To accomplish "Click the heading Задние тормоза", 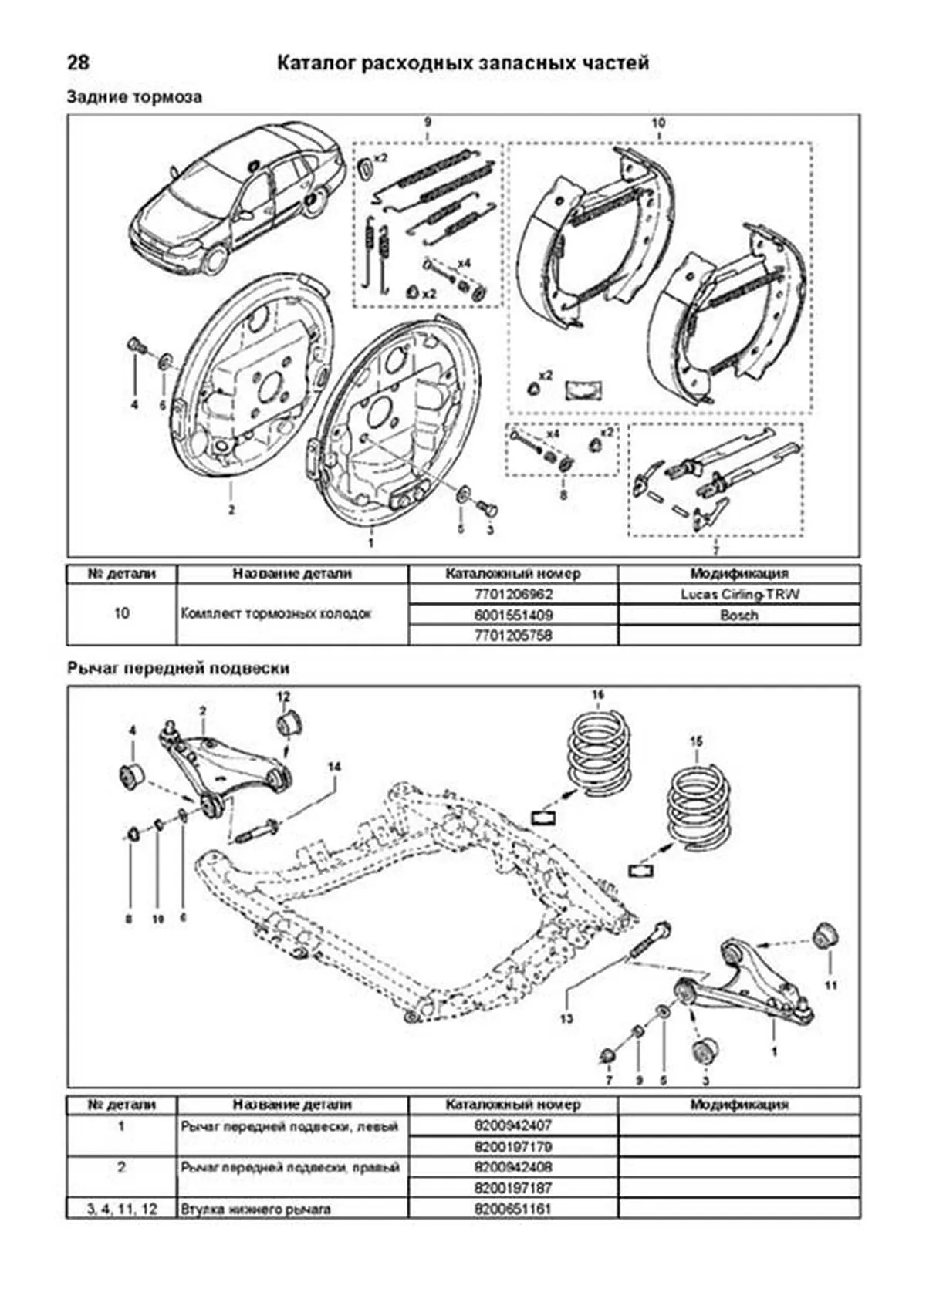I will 134,97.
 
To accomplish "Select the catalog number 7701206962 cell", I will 513,595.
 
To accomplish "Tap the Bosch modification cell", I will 738,616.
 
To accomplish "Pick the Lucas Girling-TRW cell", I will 738,595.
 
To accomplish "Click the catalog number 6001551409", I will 513,616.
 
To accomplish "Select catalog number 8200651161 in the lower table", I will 513,1209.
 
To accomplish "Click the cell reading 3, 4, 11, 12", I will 122,1209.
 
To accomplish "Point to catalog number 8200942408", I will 513,1167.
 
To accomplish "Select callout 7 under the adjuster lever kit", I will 715,550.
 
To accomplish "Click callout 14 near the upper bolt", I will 333,767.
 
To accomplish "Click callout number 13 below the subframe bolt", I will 567,1019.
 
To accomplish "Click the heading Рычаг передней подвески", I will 178,668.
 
